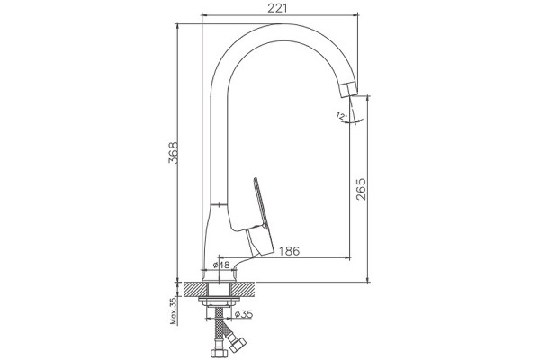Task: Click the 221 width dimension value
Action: point(277,8)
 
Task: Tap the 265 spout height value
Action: point(361,189)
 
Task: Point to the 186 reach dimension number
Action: point(289,251)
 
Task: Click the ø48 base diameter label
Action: point(221,265)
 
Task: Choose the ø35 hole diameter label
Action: point(244,314)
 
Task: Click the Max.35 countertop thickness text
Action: point(174,311)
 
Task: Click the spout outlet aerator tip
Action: point(348,89)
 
